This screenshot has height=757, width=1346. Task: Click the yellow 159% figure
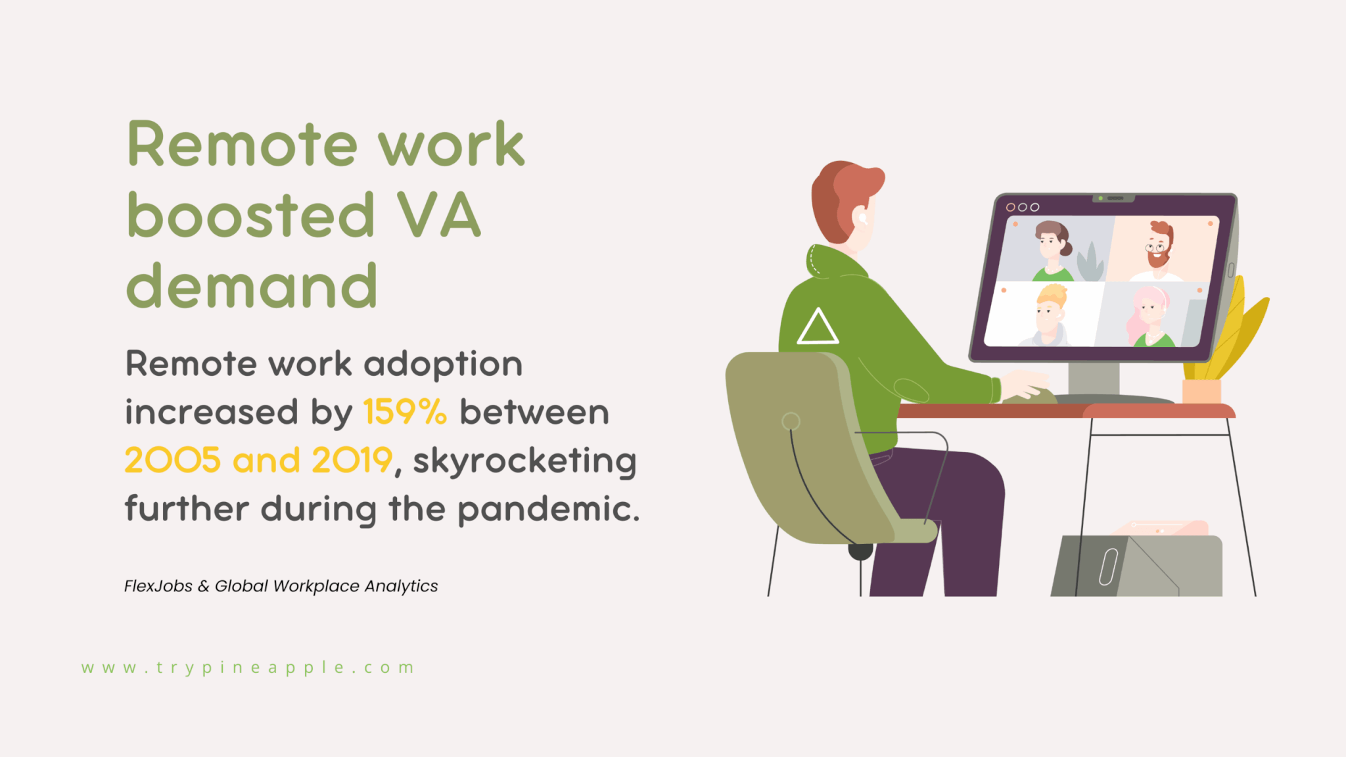click(x=404, y=413)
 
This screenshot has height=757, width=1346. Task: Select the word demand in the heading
click(x=252, y=287)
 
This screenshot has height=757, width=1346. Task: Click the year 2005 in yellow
click(x=172, y=460)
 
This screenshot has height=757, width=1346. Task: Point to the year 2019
click(x=352, y=460)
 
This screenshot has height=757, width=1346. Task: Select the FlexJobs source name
click(x=158, y=586)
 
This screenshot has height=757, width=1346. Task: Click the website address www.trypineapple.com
click(x=248, y=668)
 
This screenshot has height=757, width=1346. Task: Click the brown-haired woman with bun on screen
click(x=1052, y=248)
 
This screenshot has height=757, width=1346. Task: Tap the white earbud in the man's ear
click(x=862, y=219)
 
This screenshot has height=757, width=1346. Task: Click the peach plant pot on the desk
click(x=1201, y=392)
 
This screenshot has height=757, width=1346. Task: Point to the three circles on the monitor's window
click(x=1023, y=207)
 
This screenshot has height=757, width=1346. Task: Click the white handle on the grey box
click(x=1108, y=566)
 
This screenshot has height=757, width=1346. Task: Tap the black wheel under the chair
click(x=860, y=551)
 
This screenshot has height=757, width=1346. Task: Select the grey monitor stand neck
click(x=1094, y=379)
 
